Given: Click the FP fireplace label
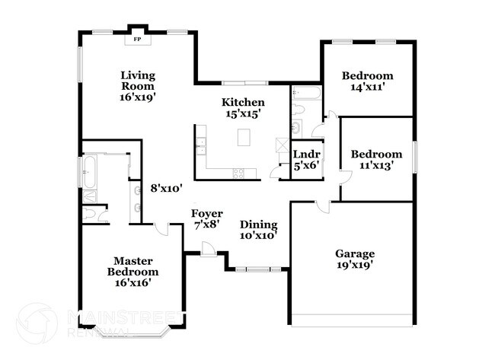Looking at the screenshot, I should (138, 37).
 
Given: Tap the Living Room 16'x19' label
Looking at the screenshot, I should (138, 86).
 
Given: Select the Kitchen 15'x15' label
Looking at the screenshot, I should (243, 107).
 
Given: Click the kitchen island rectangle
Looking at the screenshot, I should (244, 137).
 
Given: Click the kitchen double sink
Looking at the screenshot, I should (201, 144).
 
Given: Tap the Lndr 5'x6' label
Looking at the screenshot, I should (306, 159).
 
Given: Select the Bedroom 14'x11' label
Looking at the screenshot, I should (367, 81).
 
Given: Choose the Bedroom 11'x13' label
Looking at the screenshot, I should (375, 160).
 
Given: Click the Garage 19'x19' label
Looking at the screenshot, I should (355, 259).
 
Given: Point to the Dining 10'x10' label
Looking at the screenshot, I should (258, 230).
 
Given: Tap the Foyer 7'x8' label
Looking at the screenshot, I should (206, 218).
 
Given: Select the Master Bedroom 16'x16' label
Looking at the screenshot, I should (133, 270).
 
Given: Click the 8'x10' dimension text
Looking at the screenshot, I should (166, 187).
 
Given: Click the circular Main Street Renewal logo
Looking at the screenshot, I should (37, 323).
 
